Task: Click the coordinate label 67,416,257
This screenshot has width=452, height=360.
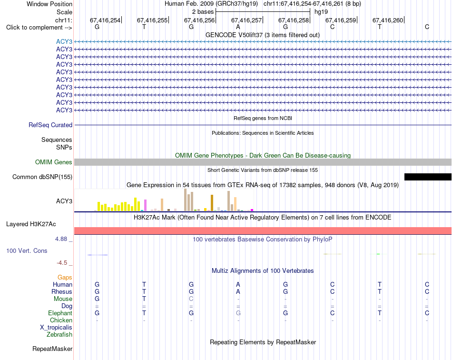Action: pyautogui.click(x=246, y=20)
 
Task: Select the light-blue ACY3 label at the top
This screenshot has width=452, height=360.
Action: pyautogui.click(x=64, y=41)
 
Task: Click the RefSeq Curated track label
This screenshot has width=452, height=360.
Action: pyautogui.click(x=50, y=125)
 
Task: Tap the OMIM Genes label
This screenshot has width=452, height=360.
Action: pyautogui.click(x=54, y=162)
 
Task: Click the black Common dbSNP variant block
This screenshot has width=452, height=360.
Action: pyautogui.click(x=428, y=177)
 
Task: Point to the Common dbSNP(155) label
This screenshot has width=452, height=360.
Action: pyautogui.click(x=42, y=177)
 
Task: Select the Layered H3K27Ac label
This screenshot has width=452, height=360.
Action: pyautogui.click(x=31, y=224)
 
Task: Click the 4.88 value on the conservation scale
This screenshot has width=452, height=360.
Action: pyautogui.click(x=61, y=239)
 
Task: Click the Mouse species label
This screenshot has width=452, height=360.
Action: pyautogui.click(x=63, y=299)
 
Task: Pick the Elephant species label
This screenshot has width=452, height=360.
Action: pyautogui.click(x=60, y=313)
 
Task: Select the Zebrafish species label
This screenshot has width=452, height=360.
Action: pyautogui.click(x=59, y=335)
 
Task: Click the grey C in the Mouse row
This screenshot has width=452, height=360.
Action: pyautogui.click(x=191, y=299)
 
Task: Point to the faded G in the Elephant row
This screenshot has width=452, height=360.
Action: pyautogui.click(x=238, y=313)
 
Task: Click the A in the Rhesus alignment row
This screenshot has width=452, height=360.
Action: pyautogui.click(x=238, y=291)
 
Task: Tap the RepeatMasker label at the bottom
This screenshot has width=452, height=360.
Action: pyautogui.click(x=52, y=349)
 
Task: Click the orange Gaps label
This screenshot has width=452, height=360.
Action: pyautogui.click(x=65, y=277)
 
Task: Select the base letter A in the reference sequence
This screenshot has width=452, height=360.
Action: pyautogui.click(x=238, y=27)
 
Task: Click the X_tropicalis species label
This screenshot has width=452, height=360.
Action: pyautogui.click(x=56, y=328)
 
